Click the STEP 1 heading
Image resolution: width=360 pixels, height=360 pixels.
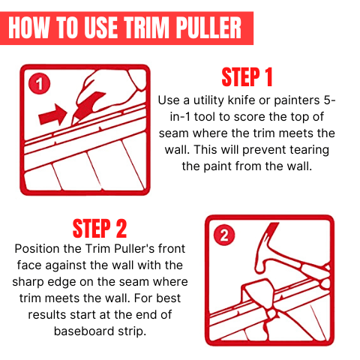tap(247, 77)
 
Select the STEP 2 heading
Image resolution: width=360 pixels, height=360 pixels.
tap(100, 229)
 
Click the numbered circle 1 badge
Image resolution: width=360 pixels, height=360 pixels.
tap(39, 83)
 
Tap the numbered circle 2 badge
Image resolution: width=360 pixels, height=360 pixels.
tap(224, 235)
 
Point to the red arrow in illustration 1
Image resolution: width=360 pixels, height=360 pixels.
tap(53, 115)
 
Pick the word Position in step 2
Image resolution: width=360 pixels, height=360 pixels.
tap(37, 249)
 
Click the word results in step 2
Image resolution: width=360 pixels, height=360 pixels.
tap(47, 315)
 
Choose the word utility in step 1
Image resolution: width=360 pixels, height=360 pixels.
tap(208, 100)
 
